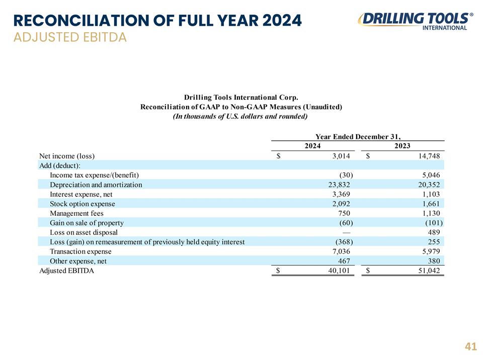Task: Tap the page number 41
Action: pos(471,347)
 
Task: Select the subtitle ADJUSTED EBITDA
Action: pos(70,37)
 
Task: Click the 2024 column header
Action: pos(312,146)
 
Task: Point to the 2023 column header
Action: pos(403,146)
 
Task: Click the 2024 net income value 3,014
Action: pos(341,156)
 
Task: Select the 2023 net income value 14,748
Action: pos(429,156)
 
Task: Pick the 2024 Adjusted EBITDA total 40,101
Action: pos(339,271)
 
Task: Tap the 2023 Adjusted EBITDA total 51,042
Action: pos(429,271)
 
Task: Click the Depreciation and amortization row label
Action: pos(96,185)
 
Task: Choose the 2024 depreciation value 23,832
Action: pos(339,185)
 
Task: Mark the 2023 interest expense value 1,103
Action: pos(431,194)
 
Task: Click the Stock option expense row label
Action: pos(82,204)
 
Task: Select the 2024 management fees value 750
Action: pos(344,213)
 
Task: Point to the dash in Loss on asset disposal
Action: pos(346,232)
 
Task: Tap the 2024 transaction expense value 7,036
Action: pos(341,252)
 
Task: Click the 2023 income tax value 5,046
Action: pos(431,175)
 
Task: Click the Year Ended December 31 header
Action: pos(358,137)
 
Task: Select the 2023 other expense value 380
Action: pos(434,261)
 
